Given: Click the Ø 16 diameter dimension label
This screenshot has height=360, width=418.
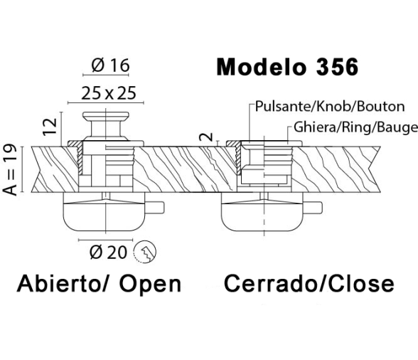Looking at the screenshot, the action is point(110,65).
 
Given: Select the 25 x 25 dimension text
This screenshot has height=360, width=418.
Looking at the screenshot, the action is point(109,93).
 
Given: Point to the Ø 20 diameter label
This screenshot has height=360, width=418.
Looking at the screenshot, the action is point(108,252).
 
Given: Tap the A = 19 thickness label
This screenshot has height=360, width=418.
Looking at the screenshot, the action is point(10,169).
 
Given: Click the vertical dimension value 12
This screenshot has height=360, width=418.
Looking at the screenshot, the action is point(50,126).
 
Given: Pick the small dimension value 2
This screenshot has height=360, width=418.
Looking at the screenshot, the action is point(207,137).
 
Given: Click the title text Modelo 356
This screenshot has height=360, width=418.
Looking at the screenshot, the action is point(287,67).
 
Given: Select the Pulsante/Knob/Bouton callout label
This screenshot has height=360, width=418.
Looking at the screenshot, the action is point(330,106).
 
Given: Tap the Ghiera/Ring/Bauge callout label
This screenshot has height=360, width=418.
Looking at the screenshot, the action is point(355,127).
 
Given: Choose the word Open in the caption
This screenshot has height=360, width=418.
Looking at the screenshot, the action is point(150,285).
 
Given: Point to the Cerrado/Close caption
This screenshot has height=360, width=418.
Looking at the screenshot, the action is point(309,283).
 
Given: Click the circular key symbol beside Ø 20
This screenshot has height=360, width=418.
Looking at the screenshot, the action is point(145,251).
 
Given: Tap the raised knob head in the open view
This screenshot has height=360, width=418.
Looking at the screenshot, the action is point(106,116).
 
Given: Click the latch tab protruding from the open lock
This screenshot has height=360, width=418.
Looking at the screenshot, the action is point(155,207).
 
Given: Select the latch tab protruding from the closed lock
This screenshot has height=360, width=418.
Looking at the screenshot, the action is point(312,208).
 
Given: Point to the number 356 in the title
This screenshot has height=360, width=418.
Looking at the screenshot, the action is point(337,67).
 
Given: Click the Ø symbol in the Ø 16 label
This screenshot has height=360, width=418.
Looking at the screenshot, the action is point(97,65).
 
